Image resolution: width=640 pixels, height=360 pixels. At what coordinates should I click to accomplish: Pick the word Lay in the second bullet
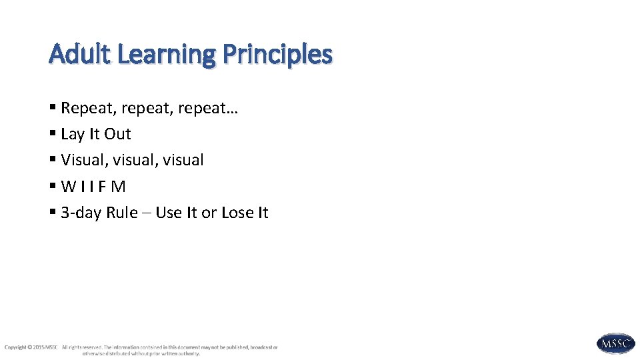[73, 135]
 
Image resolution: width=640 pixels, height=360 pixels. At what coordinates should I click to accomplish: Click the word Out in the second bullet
[117, 134]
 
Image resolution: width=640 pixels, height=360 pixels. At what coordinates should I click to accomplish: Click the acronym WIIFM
[93, 187]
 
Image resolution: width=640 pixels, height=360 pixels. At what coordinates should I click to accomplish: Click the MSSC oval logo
[615, 344]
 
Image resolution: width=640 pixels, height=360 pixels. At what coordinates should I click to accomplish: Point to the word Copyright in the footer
[15, 347]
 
